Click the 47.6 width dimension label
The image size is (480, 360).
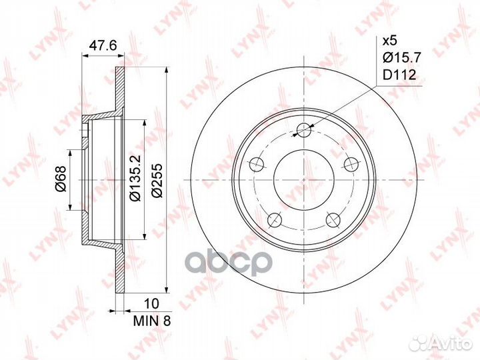coord(100,47)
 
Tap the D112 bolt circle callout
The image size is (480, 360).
coord(399,76)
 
